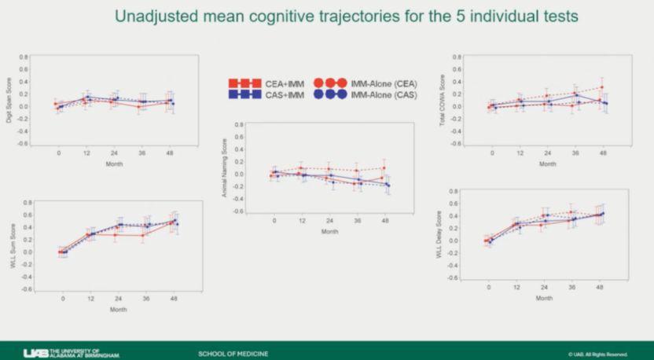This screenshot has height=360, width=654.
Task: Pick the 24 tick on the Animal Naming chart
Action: [x=330, y=222]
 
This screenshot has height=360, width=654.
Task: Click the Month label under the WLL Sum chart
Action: [x=118, y=309]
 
